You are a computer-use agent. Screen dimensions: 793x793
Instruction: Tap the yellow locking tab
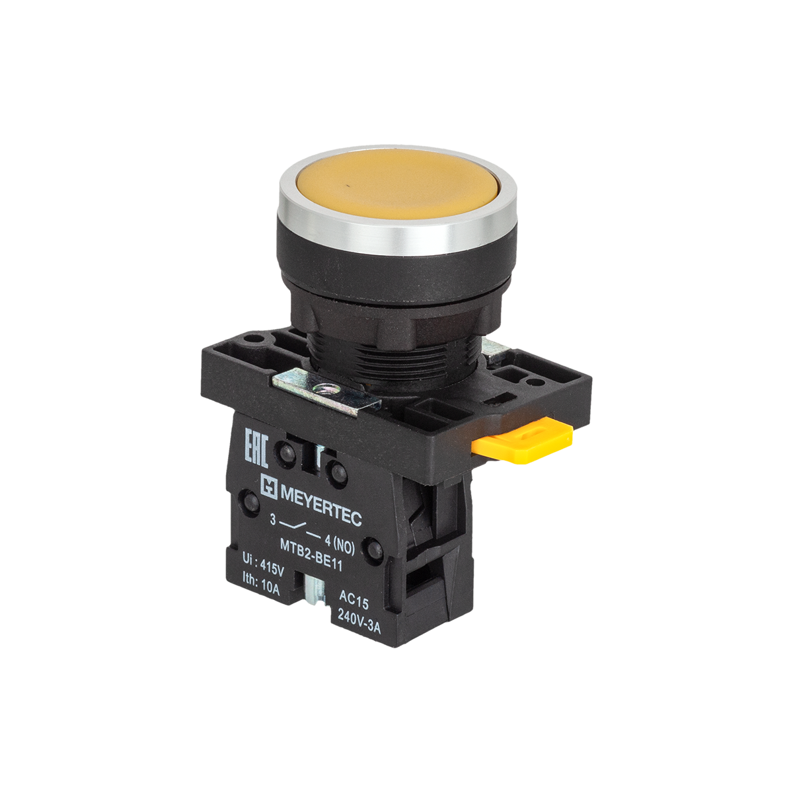(x=522, y=440)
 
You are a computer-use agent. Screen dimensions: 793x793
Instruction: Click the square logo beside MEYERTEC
(x=269, y=486)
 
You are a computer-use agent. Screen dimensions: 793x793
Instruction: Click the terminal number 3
(x=272, y=520)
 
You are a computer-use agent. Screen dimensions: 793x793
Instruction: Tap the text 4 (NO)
(x=340, y=543)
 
